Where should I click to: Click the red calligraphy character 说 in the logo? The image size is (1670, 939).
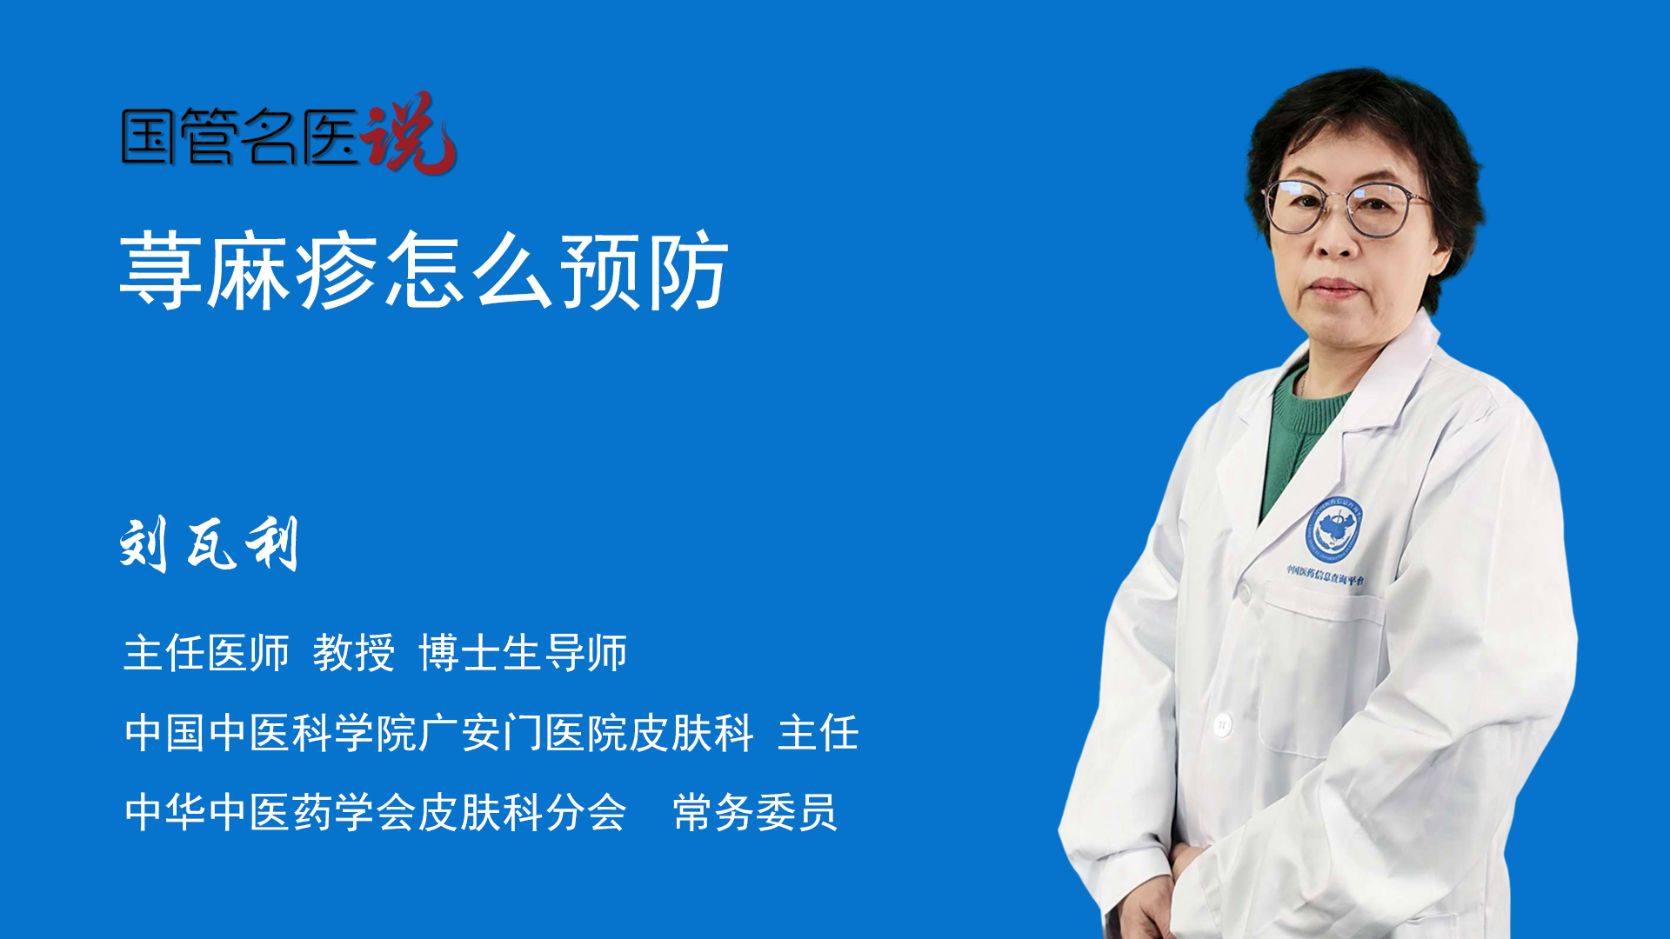pos(409,132)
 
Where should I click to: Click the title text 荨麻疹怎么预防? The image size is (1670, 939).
pos(424,270)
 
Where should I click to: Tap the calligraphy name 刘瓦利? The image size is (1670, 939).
pos(209,543)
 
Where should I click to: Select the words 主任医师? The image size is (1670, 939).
pos(206,653)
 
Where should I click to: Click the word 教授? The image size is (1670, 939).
pos(354,653)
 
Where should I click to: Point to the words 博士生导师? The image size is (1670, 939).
pos(523,653)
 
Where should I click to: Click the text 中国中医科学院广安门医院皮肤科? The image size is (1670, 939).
pos(439,733)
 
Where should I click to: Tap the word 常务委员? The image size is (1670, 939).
pos(755,813)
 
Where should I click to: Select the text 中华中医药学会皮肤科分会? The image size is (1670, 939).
pos(376,813)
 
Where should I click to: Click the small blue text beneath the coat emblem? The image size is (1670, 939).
pos(1326,575)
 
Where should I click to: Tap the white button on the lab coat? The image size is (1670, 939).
pos(1222,723)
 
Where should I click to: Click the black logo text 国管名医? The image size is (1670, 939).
pos(240,137)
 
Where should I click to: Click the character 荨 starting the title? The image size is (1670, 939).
pos(161,270)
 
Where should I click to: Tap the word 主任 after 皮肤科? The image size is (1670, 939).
pos(818,733)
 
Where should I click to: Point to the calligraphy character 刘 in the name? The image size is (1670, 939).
pos(144,544)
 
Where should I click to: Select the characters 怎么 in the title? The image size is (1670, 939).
pos(470,270)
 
